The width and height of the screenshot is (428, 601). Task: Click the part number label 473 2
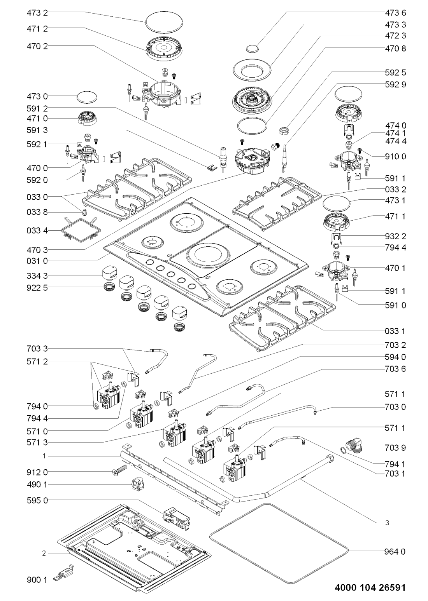[x=37, y=12]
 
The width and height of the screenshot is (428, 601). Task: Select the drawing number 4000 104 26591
[x=370, y=587]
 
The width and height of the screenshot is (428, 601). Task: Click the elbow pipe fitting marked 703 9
[x=354, y=446]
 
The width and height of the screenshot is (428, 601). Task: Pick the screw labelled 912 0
[x=119, y=470]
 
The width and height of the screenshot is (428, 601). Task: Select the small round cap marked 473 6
[x=252, y=48]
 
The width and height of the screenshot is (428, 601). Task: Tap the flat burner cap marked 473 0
[x=87, y=97]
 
